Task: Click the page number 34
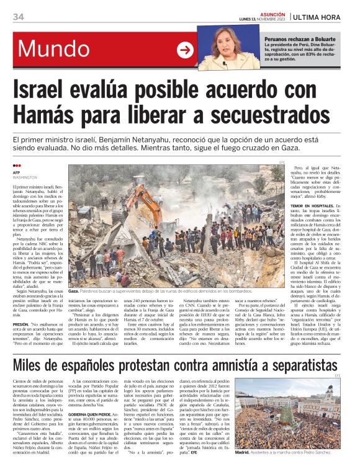18,17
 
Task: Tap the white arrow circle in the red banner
185,50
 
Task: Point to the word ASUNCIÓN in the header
254,14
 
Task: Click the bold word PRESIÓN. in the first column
21,323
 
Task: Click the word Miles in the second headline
33,364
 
